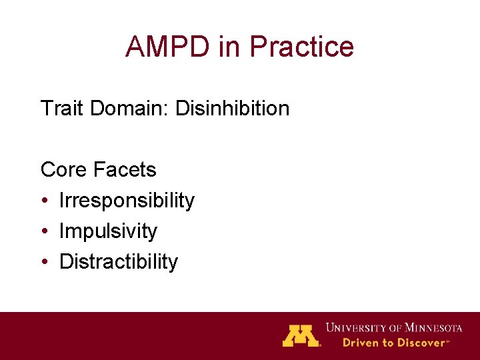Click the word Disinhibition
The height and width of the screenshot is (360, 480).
click(x=232, y=108)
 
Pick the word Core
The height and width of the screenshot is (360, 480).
click(x=64, y=170)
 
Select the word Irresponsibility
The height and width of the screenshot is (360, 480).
click(x=127, y=201)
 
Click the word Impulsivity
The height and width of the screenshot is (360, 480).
click(x=108, y=231)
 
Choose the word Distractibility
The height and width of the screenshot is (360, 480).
click(x=119, y=262)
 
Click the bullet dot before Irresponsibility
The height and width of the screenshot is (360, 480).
click(x=44, y=201)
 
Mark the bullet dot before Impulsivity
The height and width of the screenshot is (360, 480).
click(x=44, y=232)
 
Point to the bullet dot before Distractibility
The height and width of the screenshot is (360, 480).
click(x=44, y=263)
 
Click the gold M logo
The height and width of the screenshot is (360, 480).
click(x=301, y=335)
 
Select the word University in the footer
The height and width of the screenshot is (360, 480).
click(x=353, y=327)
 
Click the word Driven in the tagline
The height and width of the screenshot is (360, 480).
click(x=360, y=343)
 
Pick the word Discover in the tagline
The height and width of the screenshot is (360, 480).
click(x=420, y=343)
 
